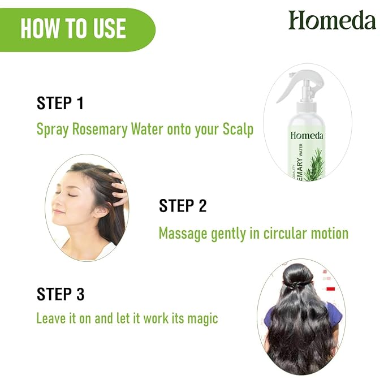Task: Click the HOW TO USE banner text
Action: [x=73, y=29]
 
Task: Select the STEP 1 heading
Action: [x=60, y=103]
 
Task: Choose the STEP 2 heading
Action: [x=183, y=206]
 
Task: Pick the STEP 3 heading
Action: [x=61, y=294]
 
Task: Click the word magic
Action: [x=201, y=318]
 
